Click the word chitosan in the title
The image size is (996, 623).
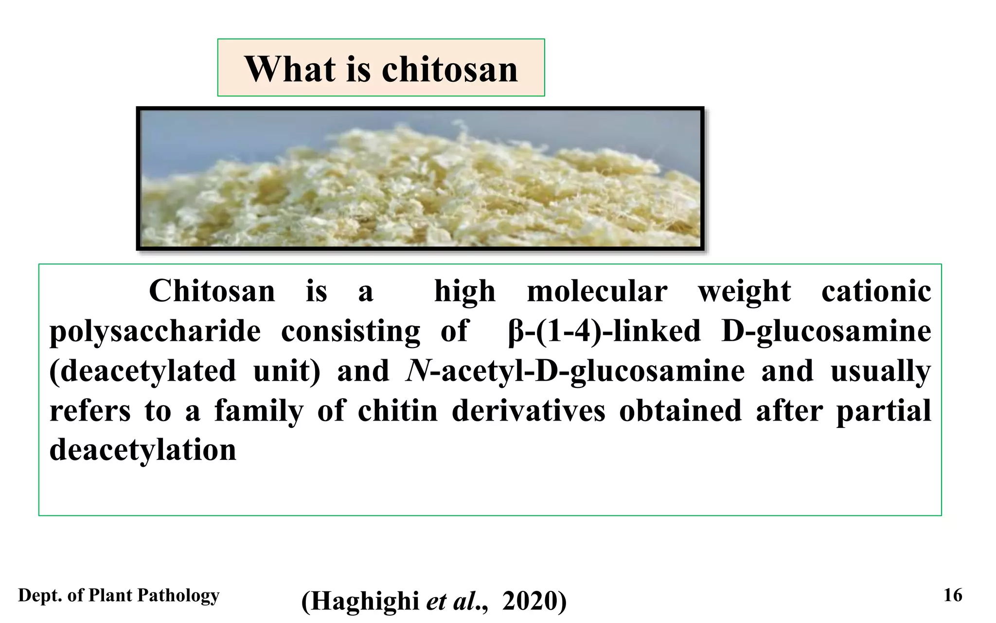tap(449, 69)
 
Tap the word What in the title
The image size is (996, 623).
tap(290, 69)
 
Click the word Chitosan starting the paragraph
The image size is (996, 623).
tap(212, 291)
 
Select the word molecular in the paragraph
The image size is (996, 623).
tap(597, 291)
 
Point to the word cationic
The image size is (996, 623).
tap(876, 291)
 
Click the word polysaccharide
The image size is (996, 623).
tap(155, 332)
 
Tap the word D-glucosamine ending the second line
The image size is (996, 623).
tap(826, 332)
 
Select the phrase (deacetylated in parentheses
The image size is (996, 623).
tap(142, 371)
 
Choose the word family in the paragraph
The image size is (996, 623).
tap(259, 411)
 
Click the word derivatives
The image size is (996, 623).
tap(528, 410)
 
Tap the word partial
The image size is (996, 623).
tap(883, 411)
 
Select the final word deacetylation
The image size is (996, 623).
tap(142, 450)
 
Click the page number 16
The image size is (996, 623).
tap(953, 595)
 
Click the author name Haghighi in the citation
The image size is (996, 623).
tap(365, 601)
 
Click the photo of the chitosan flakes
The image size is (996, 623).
tap(420, 178)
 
